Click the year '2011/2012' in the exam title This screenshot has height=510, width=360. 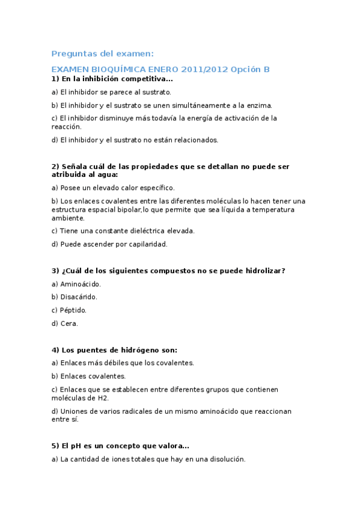click(200, 69)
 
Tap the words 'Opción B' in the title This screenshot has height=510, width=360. click(250, 69)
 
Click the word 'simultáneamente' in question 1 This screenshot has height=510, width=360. click(200, 105)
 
